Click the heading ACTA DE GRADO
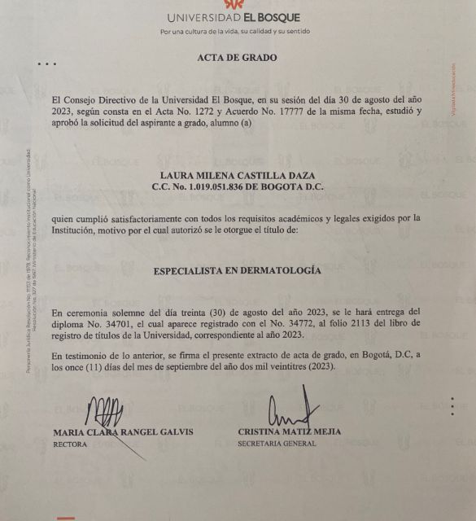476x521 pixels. (237, 58)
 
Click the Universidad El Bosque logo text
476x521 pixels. (234, 17)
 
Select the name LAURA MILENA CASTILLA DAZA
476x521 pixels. (237, 174)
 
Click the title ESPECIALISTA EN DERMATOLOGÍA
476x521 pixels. (237, 270)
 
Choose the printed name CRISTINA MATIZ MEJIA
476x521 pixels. (289, 431)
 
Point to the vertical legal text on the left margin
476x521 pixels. (28, 260)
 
